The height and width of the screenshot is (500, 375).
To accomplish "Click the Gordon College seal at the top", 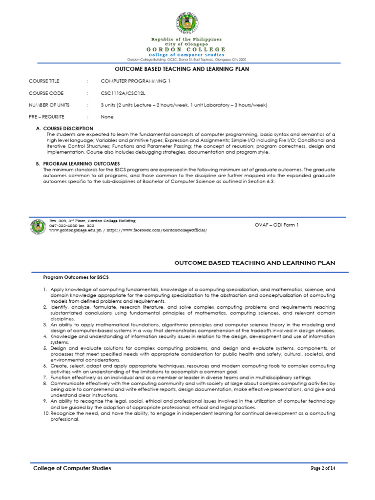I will coord(187,22).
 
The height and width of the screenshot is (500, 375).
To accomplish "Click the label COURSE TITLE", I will coord(45,81).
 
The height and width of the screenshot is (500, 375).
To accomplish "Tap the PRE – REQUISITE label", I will coord(46,117).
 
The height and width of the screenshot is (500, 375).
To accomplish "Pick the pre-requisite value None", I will coord(107,117).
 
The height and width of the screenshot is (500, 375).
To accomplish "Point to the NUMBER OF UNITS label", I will coord(49,105).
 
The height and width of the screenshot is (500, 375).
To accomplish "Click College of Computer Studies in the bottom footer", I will coord(72,468).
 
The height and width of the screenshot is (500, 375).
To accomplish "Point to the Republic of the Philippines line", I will coord(187,39).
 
